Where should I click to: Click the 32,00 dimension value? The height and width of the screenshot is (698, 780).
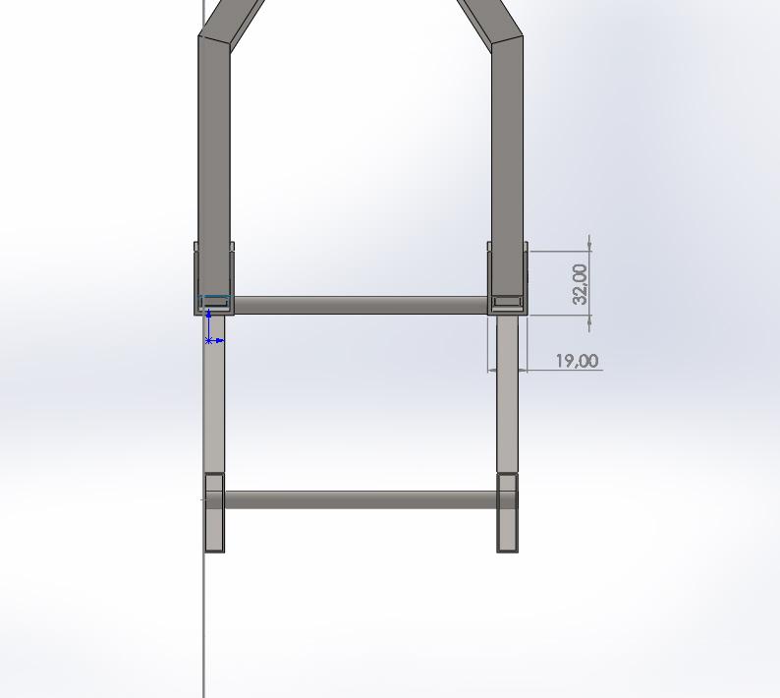pyautogui.click(x=581, y=283)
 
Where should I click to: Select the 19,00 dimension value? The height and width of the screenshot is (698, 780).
pyautogui.click(x=577, y=361)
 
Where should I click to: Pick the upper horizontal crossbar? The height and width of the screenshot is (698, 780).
pyautogui.click(x=361, y=306)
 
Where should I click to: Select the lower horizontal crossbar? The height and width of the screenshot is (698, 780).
pyautogui.click(x=361, y=499)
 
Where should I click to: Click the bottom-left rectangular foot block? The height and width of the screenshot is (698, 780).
pyautogui.click(x=214, y=512)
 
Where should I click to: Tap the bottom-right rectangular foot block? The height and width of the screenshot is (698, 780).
pyautogui.click(x=507, y=512)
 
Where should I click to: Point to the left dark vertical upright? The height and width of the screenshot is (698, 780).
pyautogui.click(x=214, y=147)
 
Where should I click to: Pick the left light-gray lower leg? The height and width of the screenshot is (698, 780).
pyautogui.click(x=214, y=393)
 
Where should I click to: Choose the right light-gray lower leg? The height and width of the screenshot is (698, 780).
pyautogui.click(x=507, y=393)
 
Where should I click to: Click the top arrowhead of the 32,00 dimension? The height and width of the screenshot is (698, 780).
pyautogui.click(x=588, y=242)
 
